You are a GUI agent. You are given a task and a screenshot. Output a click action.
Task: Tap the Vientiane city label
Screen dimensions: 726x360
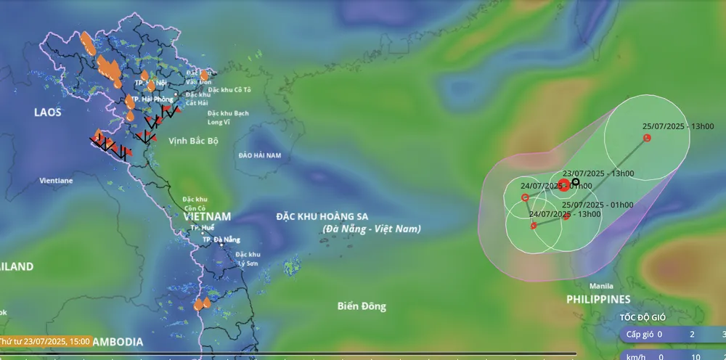tap(55, 180)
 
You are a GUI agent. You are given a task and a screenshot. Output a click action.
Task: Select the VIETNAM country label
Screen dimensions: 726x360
tap(207, 216)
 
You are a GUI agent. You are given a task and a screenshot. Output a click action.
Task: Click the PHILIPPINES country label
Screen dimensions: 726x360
tap(598, 299)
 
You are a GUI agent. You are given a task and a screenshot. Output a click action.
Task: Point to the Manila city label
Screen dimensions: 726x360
tap(601, 285)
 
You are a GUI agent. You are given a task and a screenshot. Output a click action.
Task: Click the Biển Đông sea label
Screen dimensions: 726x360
tap(362, 306)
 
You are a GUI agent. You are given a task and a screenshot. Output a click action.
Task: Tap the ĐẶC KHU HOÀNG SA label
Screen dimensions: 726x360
tap(322, 216)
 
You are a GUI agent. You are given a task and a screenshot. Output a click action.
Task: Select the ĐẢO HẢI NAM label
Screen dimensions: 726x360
tap(259, 155)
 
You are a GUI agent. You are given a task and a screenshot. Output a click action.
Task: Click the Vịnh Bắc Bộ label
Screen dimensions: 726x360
tap(193, 140)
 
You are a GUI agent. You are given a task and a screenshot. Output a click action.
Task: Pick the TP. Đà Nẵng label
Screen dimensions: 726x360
tap(221, 240)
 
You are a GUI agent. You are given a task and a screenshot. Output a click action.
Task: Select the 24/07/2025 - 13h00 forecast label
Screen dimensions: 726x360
tap(565, 213)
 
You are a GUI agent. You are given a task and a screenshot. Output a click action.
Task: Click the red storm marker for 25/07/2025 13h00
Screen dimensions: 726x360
tap(647, 138)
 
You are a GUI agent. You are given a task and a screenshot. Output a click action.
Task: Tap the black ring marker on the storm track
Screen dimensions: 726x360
tap(576, 181)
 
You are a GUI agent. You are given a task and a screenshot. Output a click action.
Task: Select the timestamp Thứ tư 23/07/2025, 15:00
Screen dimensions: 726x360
tap(45, 340)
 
